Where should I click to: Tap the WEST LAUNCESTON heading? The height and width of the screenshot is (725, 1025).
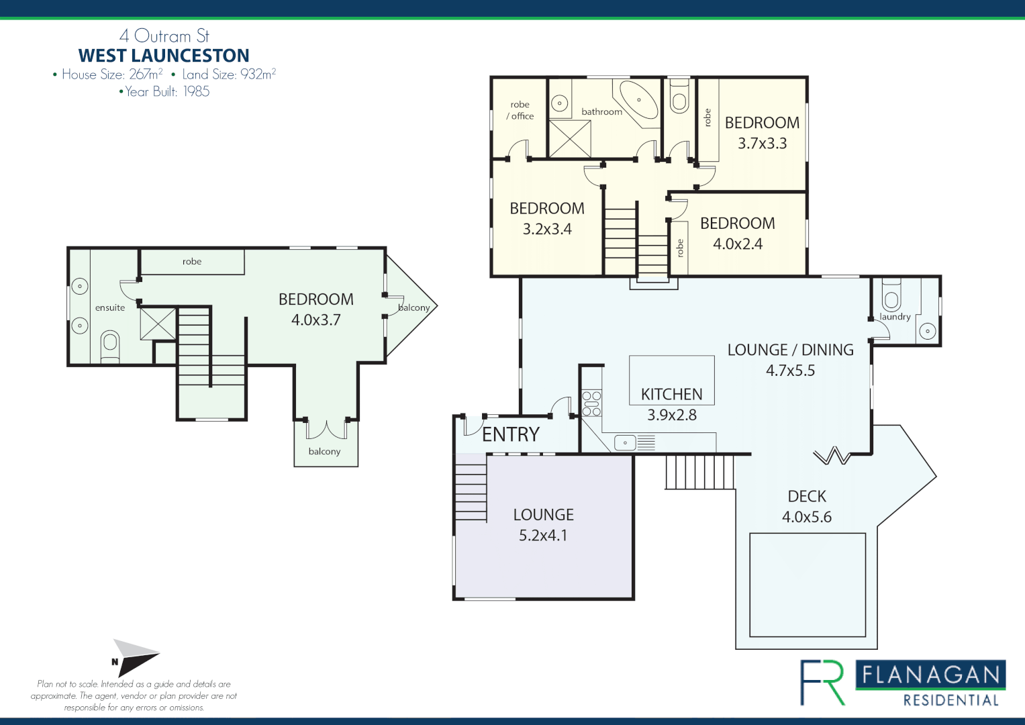click(x=164, y=55)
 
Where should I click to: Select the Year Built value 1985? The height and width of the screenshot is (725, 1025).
click(x=196, y=91)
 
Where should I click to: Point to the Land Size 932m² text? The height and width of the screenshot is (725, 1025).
click(x=229, y=74)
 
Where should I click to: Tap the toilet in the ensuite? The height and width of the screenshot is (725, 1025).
click(x=110, y=346)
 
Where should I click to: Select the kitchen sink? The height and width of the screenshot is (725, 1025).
click(x=625, y=442)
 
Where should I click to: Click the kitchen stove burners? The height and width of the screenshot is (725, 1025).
click(x=591, y=403)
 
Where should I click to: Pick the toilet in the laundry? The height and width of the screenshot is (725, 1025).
click(x=891, y=295)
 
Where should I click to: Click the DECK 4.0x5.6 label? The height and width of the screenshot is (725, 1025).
click(x=807, y=507)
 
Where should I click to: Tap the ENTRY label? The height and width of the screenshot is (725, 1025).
click(x=511, y=434)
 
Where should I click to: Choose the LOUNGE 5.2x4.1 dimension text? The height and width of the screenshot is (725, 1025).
click(x=543, y=536)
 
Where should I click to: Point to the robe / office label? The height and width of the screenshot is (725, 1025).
click(x=520, y=110)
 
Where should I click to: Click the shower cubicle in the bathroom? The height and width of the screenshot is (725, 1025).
click(x=570, y=139)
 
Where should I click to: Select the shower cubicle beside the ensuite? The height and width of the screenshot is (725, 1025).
click(x=158, y=324)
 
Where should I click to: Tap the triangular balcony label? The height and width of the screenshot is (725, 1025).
click(x=413, y=307)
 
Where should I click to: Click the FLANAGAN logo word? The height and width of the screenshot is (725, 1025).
click(x=930, y=675)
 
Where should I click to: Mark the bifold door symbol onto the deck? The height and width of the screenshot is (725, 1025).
click(x=832, y=455)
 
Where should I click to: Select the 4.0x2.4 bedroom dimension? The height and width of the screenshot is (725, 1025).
click(x=738, y=244)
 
